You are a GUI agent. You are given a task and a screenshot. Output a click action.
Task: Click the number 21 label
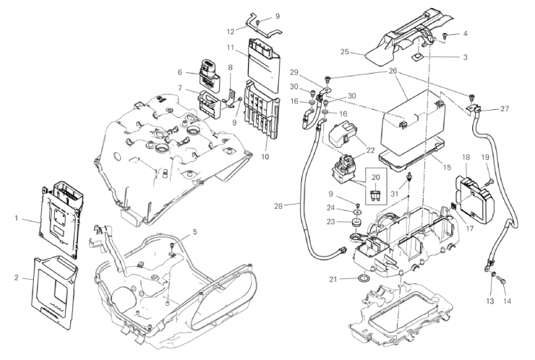click(333, 279)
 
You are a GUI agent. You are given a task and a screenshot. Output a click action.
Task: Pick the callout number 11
click(229, 48)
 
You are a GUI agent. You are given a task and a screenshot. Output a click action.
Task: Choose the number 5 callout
click(194, 232)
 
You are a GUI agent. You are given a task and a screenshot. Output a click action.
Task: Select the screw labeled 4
click(446, 35)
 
